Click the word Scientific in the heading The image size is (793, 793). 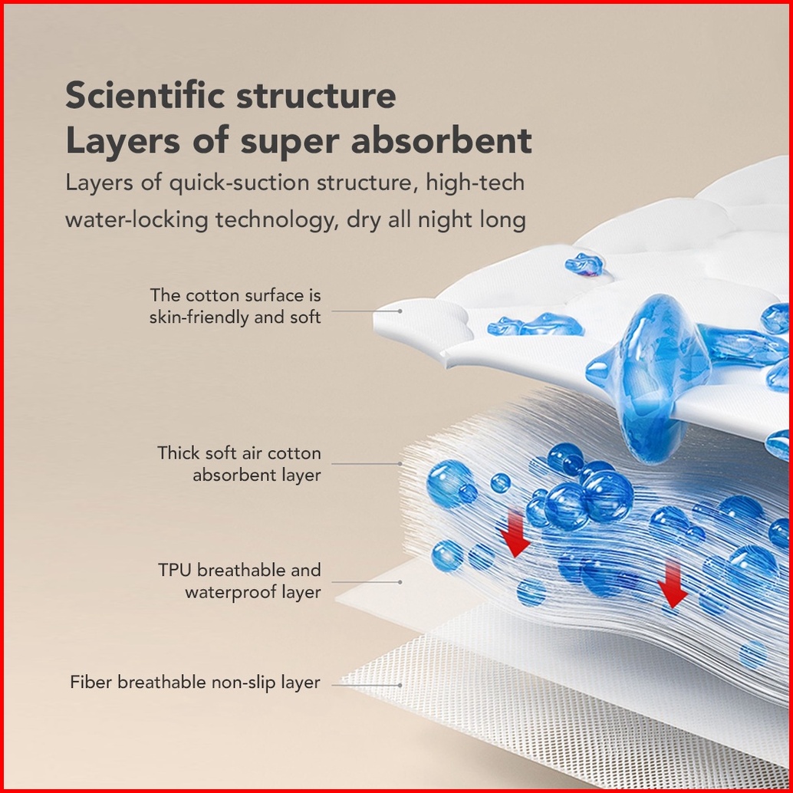145,95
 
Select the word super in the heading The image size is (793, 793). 289,143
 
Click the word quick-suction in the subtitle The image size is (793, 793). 239,183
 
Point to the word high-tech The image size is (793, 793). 475,183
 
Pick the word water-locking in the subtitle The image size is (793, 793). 137,220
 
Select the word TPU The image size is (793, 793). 175,570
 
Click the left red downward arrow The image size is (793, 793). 515,534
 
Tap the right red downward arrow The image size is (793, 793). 672,585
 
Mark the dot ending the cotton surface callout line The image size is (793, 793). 400,311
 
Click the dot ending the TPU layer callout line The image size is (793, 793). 400,582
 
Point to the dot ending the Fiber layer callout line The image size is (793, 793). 400,686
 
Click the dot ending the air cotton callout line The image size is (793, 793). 400,463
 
